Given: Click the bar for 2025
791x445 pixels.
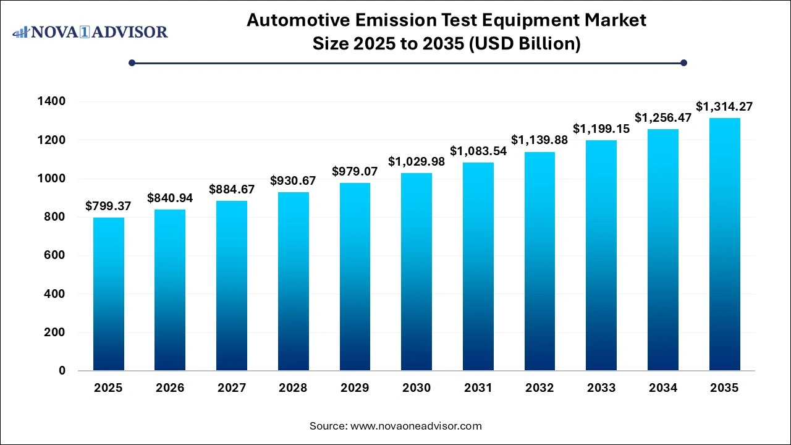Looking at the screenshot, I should point(108,294).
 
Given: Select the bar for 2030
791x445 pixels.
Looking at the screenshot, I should point(417,272).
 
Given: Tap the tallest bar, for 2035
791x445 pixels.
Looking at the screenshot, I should point(724,244).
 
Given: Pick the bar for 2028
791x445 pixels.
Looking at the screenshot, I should point(293,281).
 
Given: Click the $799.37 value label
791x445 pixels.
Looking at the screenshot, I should point(108,206).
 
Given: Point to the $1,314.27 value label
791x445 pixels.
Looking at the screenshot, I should point(724,107).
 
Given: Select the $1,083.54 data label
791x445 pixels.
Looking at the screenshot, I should point(478,151).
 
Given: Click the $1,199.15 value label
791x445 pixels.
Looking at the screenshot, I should point(601,129).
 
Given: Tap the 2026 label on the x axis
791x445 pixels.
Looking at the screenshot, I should point(170,388).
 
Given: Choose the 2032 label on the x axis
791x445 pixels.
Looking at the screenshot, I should point(539,388).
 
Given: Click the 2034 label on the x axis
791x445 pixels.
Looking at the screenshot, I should point(662,388).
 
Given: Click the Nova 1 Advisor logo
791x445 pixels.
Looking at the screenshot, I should point(90,32).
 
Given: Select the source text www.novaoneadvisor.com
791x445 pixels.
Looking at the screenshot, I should point(415,426).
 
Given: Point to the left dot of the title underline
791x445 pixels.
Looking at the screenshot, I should point(132,62).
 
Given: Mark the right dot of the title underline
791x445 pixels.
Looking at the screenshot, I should point(683,62).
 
